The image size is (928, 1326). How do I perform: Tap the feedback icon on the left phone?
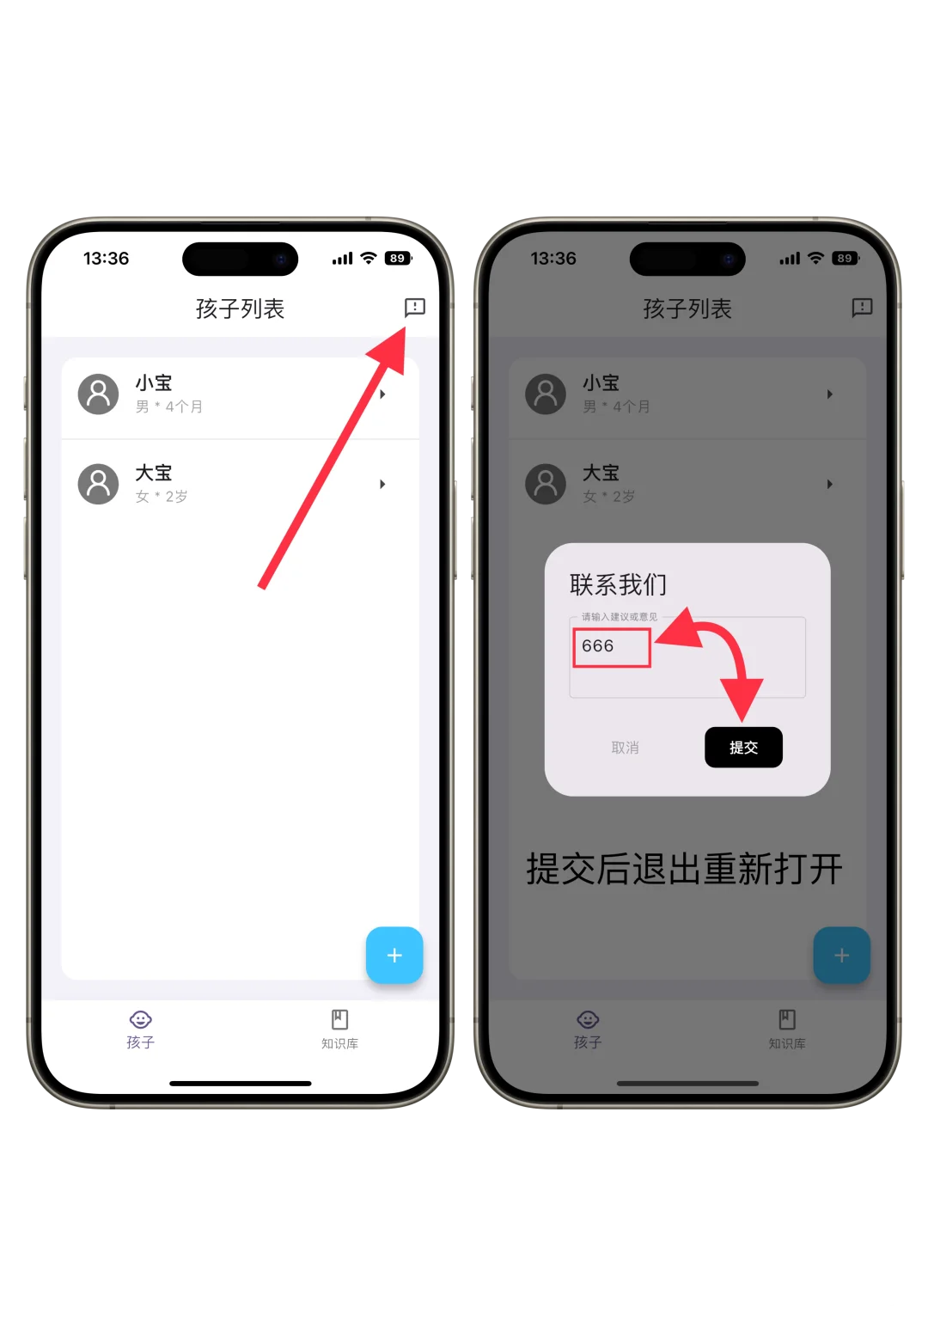pos(414,307)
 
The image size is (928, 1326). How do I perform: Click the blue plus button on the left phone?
pos(394,955)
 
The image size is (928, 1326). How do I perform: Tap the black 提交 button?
pos(743,747)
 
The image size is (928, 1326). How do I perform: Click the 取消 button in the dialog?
pos(625,748)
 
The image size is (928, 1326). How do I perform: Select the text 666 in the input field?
pos(598,646)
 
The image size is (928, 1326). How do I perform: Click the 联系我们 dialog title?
pos(618,584)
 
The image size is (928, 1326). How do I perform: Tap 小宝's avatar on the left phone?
pos(99,394)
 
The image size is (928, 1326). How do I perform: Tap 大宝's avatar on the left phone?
pos(99,485)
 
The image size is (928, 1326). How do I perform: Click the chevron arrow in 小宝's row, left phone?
pos(382,394)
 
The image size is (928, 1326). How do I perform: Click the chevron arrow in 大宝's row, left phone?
pos(382,485)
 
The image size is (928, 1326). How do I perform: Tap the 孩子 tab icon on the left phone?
pos(140,1020)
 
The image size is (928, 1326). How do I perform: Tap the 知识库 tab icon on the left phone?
pos(339,1020)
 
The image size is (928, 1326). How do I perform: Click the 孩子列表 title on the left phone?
pos(240,309)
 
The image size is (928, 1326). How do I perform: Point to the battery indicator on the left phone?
pos(398,259)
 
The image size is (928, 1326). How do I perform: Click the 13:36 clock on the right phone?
pos(553,259)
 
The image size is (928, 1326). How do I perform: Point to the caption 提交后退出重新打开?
pos(684,869)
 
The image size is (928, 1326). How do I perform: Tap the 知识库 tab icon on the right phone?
pos(786,1020)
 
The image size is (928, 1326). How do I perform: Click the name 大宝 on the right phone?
pos(601,473)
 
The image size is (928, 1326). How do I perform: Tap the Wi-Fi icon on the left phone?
pos(369,258)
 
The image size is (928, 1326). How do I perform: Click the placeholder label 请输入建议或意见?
pos(619,617)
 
